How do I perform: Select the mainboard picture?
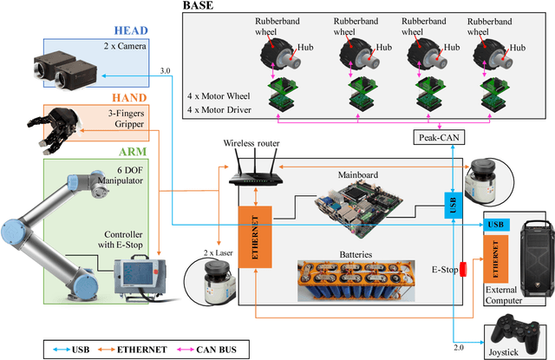pos(359,206)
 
